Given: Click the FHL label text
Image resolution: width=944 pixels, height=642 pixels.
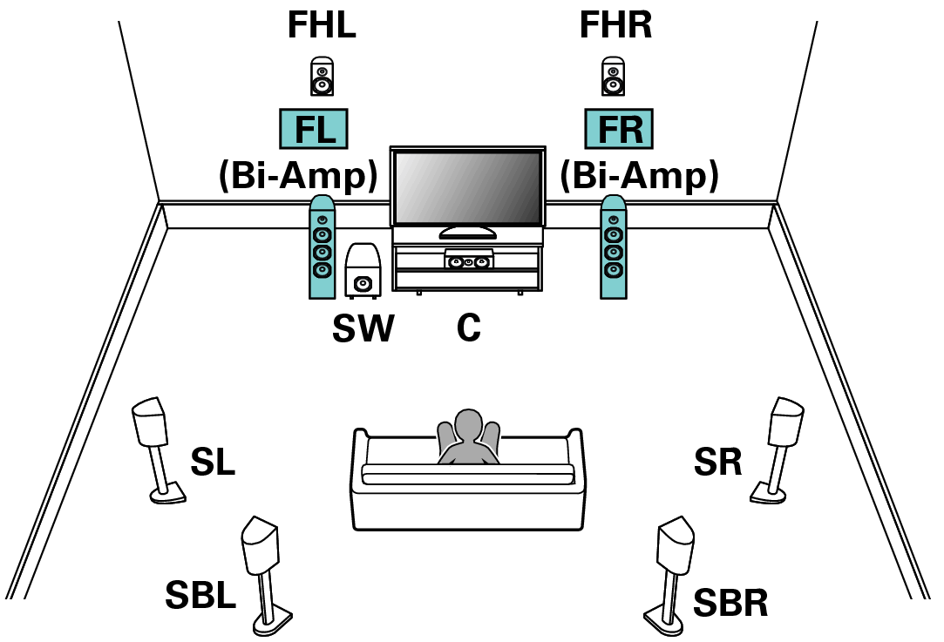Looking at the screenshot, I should (x=322, y=26).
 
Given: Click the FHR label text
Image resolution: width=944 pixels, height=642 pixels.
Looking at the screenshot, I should (x=615, y=26).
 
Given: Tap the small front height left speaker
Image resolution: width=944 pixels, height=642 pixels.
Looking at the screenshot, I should (x=322, y=77).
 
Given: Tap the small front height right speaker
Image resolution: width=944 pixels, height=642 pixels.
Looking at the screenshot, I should (x=614, y=77).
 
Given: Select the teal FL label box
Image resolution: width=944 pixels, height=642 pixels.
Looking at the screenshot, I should (x=312, y=130).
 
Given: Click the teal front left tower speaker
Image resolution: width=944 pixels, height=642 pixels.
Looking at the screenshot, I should (x=322, y=247).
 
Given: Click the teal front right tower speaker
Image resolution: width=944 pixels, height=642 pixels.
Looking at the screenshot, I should (x=614, y=247).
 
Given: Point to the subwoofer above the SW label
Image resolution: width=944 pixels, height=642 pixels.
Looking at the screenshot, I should (x=363, y=271).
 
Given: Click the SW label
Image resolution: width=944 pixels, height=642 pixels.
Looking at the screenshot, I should (x=363, y=328).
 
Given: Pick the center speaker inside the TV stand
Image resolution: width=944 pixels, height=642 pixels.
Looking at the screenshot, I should (x=468, y=261).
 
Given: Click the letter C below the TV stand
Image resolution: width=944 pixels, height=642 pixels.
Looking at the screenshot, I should (x=469, y=328).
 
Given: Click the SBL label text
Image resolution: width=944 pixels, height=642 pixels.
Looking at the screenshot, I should (x=200, y=597).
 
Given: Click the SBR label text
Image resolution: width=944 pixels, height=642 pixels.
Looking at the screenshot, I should (x=730, y=602).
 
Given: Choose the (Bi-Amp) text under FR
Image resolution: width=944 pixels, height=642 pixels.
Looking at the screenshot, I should (x=639, y=176).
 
